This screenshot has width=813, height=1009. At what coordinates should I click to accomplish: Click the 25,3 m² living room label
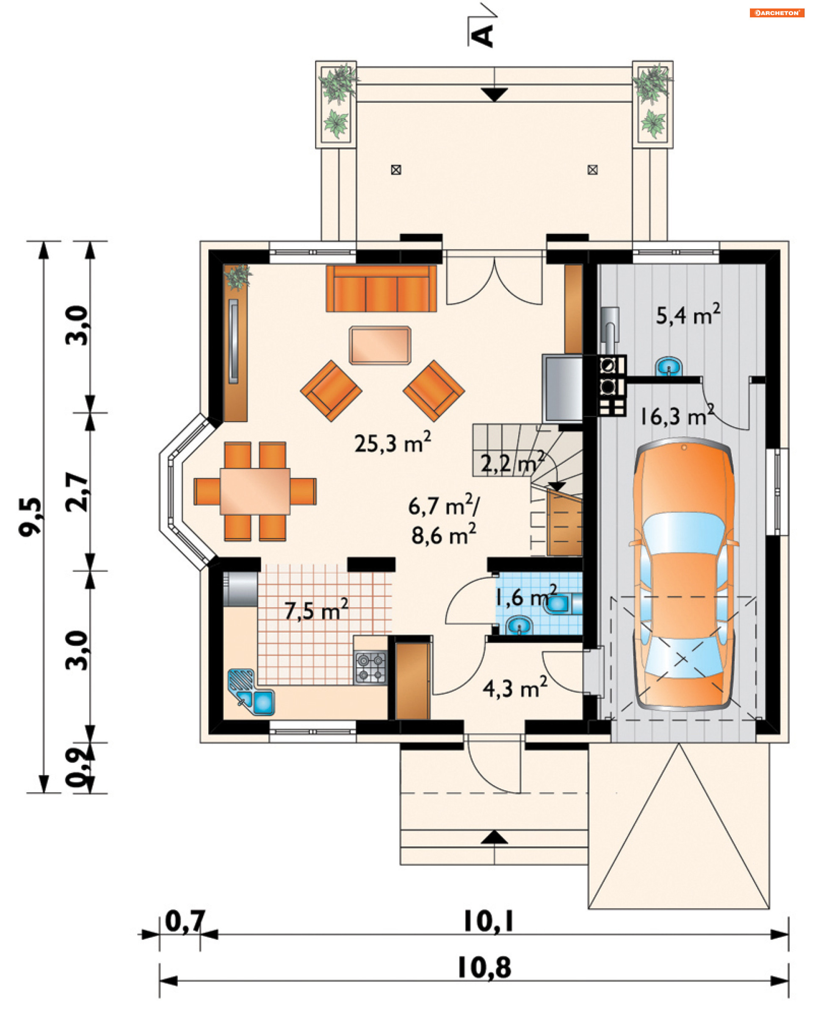392,442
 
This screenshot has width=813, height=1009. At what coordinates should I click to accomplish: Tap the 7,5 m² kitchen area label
317,609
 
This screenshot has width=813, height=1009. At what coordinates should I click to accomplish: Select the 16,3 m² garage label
676,416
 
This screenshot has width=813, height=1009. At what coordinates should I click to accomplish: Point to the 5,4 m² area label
688,314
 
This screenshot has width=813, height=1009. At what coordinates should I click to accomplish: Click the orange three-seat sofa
381,288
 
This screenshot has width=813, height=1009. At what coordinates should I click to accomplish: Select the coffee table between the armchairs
380,345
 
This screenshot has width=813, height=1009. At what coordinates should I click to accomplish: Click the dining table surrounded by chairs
255,491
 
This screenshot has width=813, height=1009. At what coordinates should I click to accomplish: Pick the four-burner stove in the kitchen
371,667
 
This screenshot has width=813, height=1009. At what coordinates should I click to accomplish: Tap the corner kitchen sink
251,693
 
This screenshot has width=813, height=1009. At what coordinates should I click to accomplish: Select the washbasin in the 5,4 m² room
668,366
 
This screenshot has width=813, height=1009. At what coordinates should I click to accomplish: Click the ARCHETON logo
777,13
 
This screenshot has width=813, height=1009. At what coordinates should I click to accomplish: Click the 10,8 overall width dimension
484,968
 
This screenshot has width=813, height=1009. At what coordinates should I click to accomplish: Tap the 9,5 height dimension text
30,517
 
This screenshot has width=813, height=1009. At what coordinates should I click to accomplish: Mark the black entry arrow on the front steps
494,837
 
